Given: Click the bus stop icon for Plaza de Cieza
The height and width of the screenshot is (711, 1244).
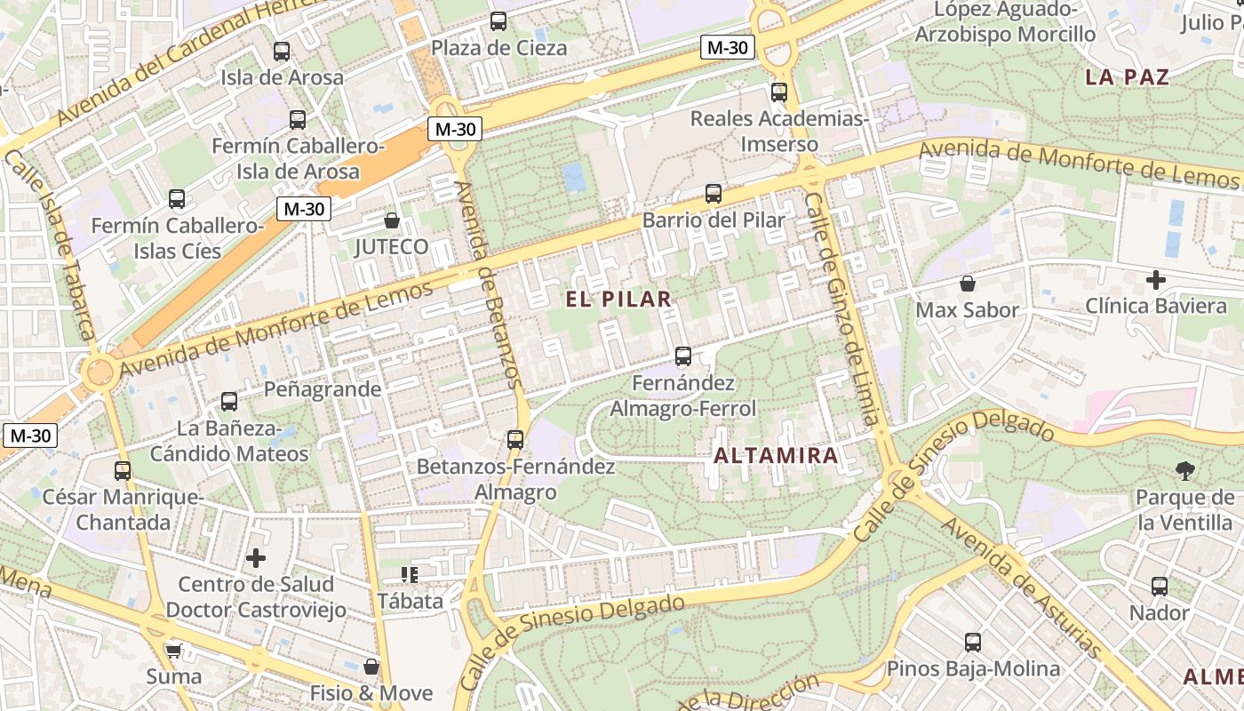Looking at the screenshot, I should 498,21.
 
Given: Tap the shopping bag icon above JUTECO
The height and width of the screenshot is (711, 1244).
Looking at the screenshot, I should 391,220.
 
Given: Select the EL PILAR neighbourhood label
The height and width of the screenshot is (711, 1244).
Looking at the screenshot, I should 619,300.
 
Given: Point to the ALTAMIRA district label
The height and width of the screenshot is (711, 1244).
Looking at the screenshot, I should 776,456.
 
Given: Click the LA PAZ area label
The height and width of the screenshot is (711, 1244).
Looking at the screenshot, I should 1127,77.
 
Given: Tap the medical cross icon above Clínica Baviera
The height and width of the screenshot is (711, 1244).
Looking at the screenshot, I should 1155,281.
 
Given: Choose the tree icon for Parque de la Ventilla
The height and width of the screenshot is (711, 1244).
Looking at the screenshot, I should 1184,471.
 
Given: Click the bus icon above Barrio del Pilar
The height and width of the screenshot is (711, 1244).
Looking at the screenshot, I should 713,194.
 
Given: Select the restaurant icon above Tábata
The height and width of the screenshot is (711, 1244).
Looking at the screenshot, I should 409,575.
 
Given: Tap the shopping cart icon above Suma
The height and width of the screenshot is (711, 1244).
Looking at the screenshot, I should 173,651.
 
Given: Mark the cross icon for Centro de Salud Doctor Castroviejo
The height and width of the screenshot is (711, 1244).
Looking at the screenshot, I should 256,558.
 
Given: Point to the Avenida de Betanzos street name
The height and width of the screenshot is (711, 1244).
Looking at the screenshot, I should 487,284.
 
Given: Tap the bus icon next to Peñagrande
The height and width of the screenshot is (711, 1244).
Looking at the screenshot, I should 229,401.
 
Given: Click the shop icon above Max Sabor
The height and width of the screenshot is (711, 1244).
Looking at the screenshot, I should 967,284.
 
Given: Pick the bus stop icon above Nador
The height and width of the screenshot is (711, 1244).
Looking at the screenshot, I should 1160,587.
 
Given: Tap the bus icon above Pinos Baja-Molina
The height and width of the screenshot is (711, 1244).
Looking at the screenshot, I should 973,643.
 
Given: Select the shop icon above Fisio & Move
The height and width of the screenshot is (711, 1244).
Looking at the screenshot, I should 371,667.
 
